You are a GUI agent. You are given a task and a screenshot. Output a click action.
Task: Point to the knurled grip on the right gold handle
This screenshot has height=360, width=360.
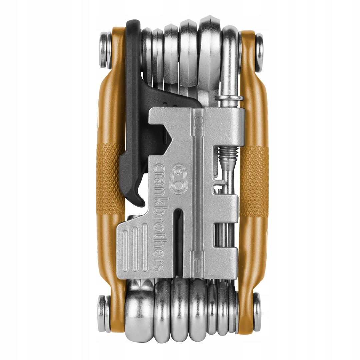255,180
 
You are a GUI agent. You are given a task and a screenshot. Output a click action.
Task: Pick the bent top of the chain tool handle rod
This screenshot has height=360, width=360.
230,37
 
